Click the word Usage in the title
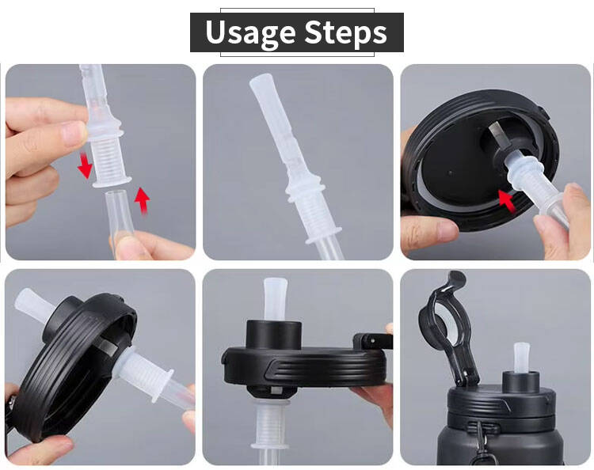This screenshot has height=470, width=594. click(x=250, y=33)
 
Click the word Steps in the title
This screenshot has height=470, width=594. click(x=345, y=33)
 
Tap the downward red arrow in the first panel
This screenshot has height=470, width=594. click(x=85, y=165)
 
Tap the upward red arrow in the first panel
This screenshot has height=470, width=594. click(x=143, y=201)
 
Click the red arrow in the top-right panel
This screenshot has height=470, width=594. click(x=507, y=200)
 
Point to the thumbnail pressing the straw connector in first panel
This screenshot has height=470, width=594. click(x=75, y=132)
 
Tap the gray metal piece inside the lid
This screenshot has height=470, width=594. click(x=497, y=135)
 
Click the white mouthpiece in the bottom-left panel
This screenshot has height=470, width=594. click(x=32, y=305)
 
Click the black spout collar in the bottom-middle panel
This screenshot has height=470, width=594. click(x=274, y=335)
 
